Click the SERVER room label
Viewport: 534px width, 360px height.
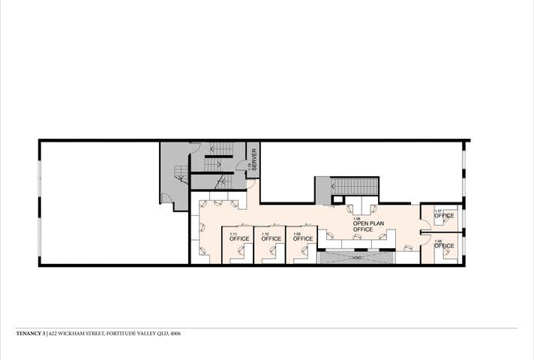click(253, 160)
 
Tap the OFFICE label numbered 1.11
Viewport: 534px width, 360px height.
click(238, 238)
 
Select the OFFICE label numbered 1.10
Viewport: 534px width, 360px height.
click(271, 238)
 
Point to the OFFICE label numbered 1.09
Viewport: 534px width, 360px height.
click(302, 238)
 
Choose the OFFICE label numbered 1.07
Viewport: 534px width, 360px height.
click(444, 216)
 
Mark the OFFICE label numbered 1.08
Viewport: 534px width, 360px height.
click(444, 245)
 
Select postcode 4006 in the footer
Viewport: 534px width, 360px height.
click(175, 334)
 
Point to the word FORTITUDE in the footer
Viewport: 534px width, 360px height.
click(123, 334)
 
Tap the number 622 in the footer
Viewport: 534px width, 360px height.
click(54, 334)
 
